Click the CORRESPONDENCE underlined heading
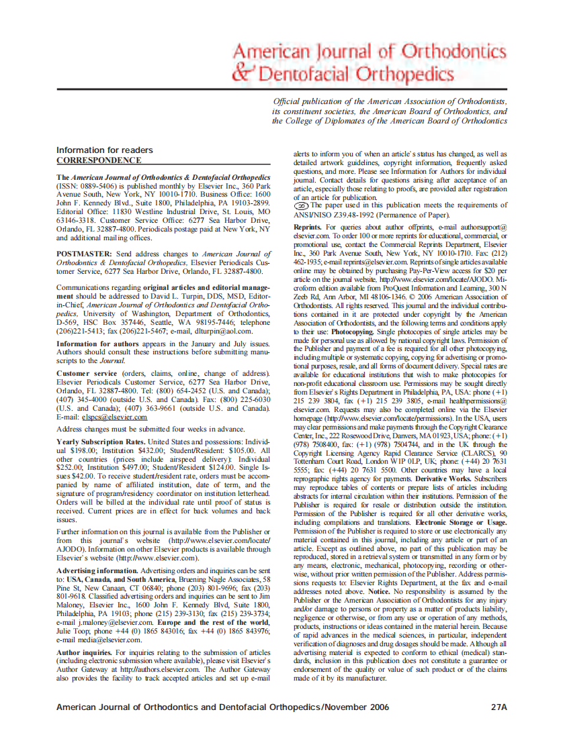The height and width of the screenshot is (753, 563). pos(99,160)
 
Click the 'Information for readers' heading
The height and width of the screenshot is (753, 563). pos(104,150)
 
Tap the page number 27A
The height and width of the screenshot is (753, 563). pos(499,707)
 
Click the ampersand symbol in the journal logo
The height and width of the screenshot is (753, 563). pos(241,71)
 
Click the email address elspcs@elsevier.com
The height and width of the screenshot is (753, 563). pos(112,417)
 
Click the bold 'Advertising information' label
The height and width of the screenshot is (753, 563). pos(97,570)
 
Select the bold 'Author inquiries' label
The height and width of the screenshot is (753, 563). pos(84,652)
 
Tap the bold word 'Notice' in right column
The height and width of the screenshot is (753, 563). pos(380,593)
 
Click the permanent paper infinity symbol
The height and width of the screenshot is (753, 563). pos(301,205)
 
